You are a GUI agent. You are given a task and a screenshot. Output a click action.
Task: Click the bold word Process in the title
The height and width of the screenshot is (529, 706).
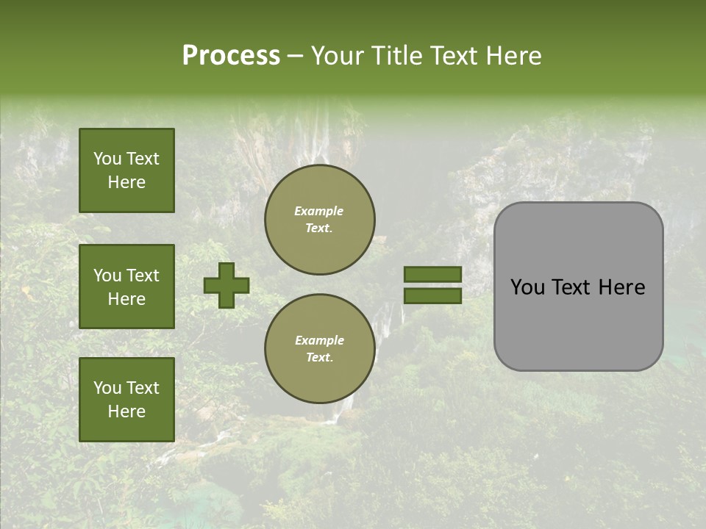pos(231,56)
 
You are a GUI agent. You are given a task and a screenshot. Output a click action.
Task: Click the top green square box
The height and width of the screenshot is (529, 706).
pos(126,170)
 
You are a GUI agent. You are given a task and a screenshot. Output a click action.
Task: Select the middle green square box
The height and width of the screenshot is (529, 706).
pos(126,287)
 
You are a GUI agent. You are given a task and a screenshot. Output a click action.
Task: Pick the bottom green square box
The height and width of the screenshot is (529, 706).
pos(126,399)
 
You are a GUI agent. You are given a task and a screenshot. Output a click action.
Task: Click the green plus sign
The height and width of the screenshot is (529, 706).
pos(227,285)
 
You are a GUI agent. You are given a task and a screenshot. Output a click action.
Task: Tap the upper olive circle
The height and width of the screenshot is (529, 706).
pos(320,220)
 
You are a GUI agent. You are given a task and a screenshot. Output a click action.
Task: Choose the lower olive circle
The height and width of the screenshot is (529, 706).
pos(320,349)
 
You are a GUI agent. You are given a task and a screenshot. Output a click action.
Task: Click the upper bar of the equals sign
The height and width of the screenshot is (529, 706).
pos(432,275)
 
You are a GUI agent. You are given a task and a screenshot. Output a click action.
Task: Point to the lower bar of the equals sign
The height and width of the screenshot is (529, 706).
pos(432,295)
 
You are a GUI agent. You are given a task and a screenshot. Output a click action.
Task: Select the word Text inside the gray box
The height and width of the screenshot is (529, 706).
pos(578,287)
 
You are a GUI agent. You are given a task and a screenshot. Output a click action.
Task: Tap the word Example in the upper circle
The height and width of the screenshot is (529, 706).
pos(319,211)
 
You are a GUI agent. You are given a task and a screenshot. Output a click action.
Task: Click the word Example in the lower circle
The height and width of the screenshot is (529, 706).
pos(319,340)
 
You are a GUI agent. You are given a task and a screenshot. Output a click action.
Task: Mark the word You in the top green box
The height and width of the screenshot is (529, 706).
pos(107,159)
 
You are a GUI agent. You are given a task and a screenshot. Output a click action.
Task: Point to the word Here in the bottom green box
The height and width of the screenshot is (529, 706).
pos(126,411)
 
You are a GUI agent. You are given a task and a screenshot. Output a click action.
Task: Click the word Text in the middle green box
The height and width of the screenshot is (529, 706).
pos(143,276)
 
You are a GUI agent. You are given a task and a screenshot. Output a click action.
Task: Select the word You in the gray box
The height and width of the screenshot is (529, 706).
pos(527,287)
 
